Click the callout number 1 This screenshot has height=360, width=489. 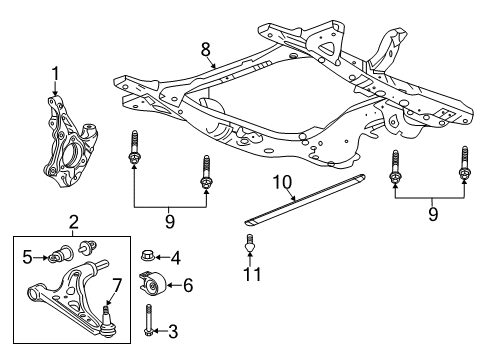point(56,73)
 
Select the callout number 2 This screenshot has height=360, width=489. point(72,221)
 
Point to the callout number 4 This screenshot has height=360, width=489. point(176,258)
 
